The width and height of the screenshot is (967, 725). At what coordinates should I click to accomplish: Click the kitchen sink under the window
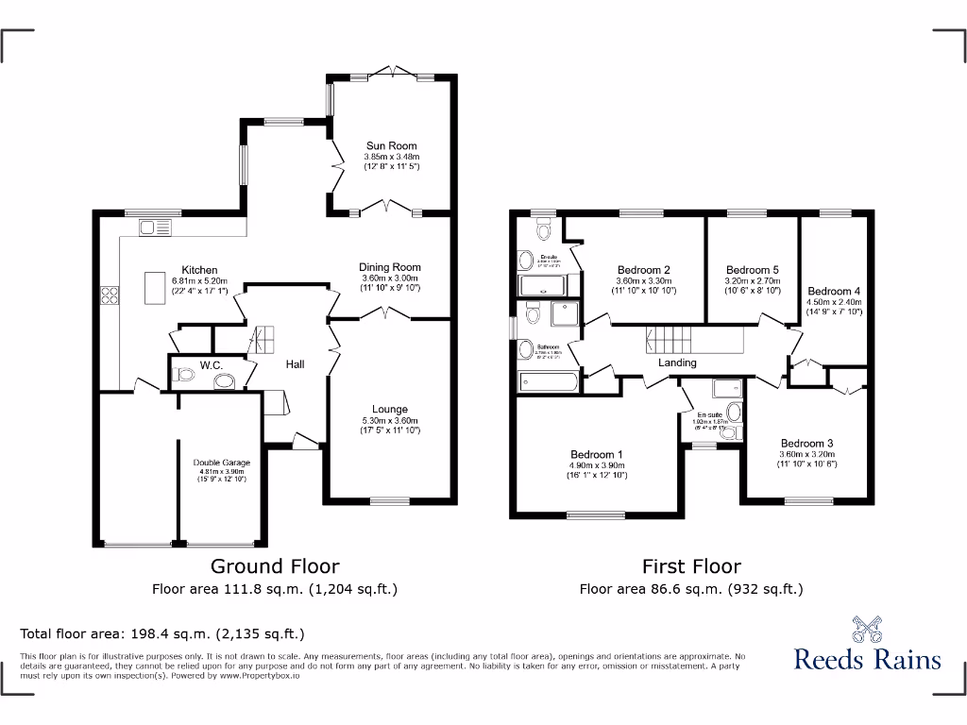(x=156, y=227)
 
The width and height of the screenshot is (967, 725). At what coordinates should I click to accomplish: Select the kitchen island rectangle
(x=154, y=288)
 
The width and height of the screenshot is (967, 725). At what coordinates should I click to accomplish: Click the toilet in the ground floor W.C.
(x=185, y=376)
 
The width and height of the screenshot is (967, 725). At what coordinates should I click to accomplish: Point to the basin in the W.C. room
(x=225, y=381)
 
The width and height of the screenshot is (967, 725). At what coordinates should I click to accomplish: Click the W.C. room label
(x=211, y=364)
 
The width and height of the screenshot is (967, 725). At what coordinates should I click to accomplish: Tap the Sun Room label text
(x=392, y=146)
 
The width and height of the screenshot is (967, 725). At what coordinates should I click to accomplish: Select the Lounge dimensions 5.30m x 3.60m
(x=391, y=420)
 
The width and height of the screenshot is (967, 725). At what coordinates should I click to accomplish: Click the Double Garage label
(x=222, y=463)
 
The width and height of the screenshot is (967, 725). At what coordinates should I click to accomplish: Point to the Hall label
(x=296, y=363)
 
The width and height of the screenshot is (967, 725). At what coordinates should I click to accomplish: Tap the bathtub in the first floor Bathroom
(x=549, y=381)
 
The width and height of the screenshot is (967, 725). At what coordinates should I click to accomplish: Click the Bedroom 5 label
(x=754, y=269)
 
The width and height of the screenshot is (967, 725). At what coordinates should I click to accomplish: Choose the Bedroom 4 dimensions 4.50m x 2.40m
(x=835, y=302)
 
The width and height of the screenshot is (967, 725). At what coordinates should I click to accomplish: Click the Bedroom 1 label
(x=596, y=455)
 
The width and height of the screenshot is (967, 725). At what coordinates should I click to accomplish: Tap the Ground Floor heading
(x=275, y=566)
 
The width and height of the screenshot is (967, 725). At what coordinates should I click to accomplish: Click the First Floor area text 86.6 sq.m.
(x=691, y=589)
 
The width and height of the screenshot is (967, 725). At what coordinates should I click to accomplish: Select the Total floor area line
(x=162, y=633)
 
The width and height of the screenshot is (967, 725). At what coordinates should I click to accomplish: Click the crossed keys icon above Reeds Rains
(x=868, y=629)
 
